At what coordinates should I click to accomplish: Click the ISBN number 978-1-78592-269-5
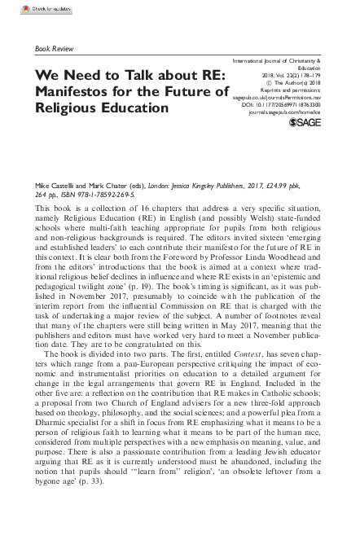[x=123, y=195]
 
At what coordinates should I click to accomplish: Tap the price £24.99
[x=270, y=187]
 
